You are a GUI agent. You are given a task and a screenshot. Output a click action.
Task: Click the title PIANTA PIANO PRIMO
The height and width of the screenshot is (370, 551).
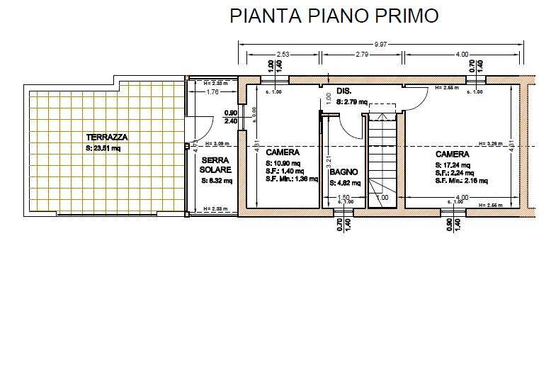(334, 16)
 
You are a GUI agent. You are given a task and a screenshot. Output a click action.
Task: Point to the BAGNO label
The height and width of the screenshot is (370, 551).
(343, 172)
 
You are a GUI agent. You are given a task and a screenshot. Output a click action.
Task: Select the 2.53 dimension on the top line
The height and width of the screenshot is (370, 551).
(283, 54)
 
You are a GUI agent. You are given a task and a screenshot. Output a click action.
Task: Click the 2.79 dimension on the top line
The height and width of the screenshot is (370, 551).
(362, 54)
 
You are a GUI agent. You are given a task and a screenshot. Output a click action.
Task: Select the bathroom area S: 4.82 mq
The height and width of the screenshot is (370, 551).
(345, 183)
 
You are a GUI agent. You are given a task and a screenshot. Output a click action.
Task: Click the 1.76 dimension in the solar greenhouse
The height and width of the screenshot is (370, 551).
(212, 93)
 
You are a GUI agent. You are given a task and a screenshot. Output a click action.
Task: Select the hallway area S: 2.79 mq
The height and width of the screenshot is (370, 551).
(352, 102)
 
